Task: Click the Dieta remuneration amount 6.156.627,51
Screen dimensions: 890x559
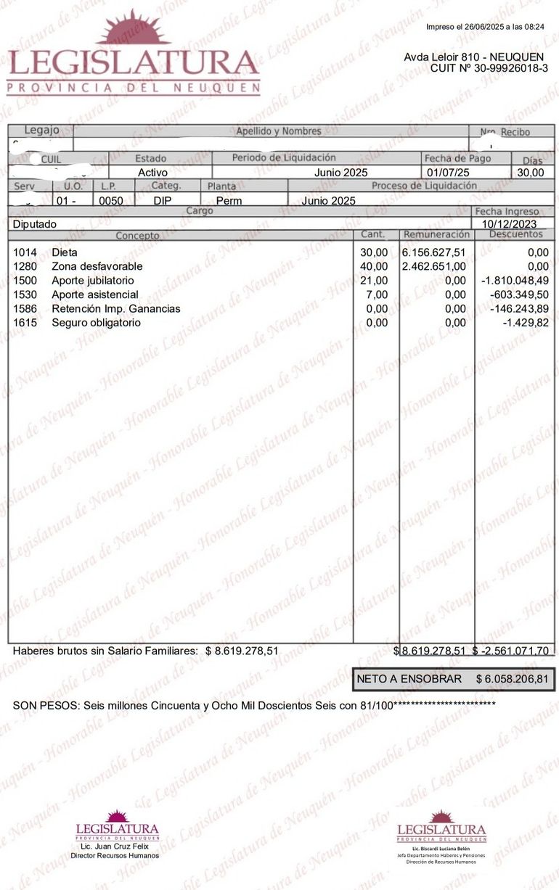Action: tap(433, 252)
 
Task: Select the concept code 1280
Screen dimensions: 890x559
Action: tap(25, 266)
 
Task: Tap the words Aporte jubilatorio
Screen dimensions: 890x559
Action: tap(93, 281)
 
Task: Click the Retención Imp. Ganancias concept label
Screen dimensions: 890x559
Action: tap(116, 309)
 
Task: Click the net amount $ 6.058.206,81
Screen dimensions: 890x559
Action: tap(512, 679)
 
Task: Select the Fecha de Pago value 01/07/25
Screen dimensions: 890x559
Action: tap(448, 173)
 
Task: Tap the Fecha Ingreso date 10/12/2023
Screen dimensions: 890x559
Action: tap(510, 224)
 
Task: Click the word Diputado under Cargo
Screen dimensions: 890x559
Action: tap(34, 225)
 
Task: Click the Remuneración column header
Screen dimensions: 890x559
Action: tap(436, 235)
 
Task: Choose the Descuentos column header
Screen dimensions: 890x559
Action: tap(515, 235)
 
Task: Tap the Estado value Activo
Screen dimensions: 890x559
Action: tap(152, 173)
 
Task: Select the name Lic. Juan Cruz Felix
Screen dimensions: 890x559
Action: tap(115, 846)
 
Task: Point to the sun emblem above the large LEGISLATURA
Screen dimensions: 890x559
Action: tap(133, 29)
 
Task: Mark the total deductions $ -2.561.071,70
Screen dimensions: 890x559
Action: tap(512, 651)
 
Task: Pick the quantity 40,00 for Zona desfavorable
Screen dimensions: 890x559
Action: tap(374, 266)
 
